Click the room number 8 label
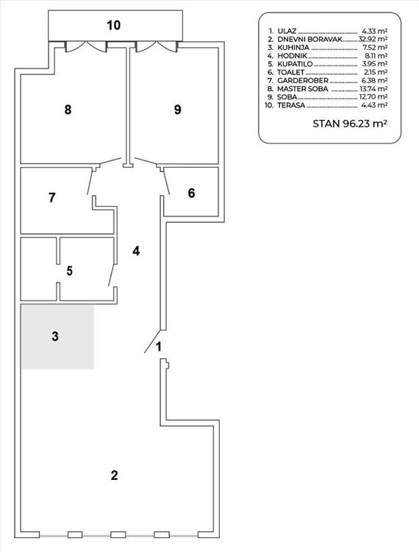(x=68, y=110)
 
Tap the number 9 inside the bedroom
(x=178, y=110)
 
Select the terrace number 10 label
(x=113, y=25)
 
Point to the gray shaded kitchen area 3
(x=57, y=337)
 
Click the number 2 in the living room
(x=114, y=475)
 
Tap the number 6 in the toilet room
(x=191, y=193)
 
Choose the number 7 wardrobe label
(x=52, y=197)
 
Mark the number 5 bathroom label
(x=70, y=271)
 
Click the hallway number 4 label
(x=136, y=251)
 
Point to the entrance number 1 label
(x=159, y=347)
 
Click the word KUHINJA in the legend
(x=293, y=48)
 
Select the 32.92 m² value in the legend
(x=373, y=39)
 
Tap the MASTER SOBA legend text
(x=302, y=89)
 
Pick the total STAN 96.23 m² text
(x=350, y=124)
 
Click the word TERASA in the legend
(x=291, y=105)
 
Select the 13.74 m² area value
(x=373, y=89)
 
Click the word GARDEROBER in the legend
(x=303, y=81)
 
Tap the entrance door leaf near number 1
(x=153, y=342)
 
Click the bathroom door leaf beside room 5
(x=112, y=275)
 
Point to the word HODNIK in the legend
(x=292, y=56)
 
